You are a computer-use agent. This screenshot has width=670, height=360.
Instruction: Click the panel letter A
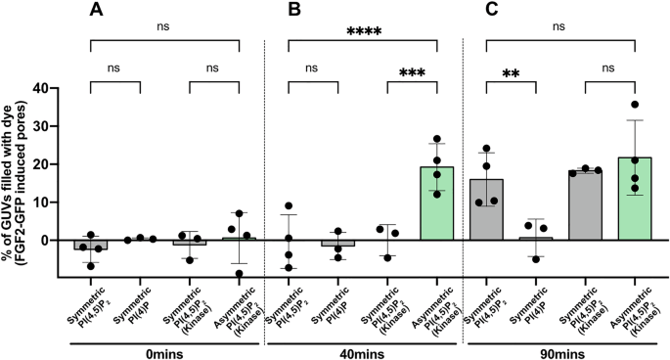click(96, 11)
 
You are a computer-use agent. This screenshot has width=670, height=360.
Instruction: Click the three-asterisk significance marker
click(411, 73)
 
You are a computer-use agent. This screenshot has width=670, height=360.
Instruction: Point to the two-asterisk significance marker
click(512, 74)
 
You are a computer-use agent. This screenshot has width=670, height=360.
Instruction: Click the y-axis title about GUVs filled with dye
click(22, 161)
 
